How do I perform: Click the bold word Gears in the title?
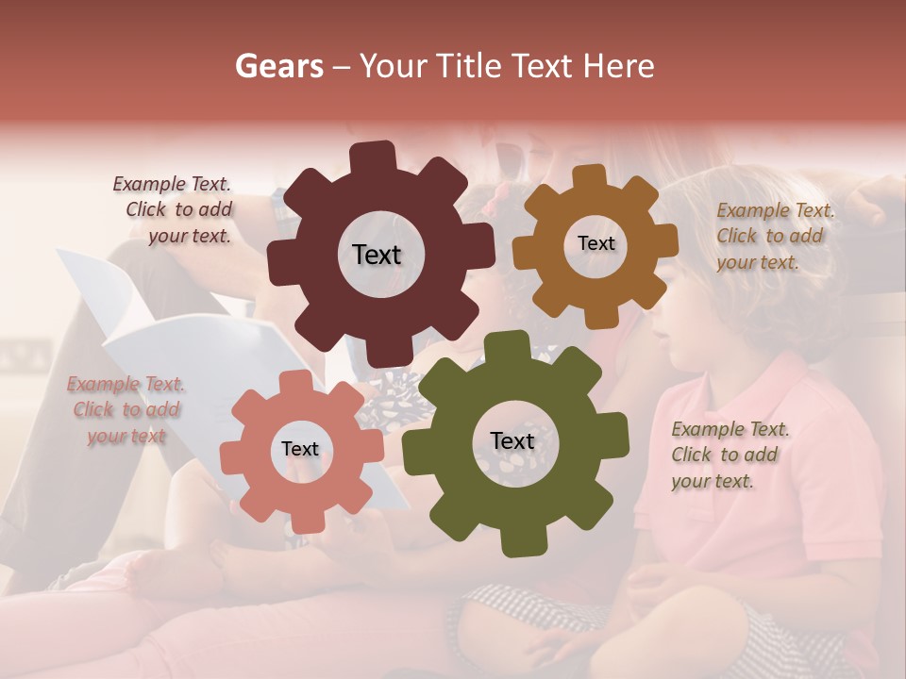[x=278, y=66]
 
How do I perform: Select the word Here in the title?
[x=619, y=66]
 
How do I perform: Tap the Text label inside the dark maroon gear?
[x=377, y=255]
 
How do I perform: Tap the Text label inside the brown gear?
[x=596, y=243]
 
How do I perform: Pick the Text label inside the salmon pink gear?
[x=300, y=449]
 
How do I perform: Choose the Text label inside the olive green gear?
[x=512, y=440]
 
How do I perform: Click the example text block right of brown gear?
[x=774, y=236]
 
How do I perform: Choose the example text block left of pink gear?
[x=126, y=410]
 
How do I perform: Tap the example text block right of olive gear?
[x=729, y=455]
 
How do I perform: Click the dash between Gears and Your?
[x=343, y=66]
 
